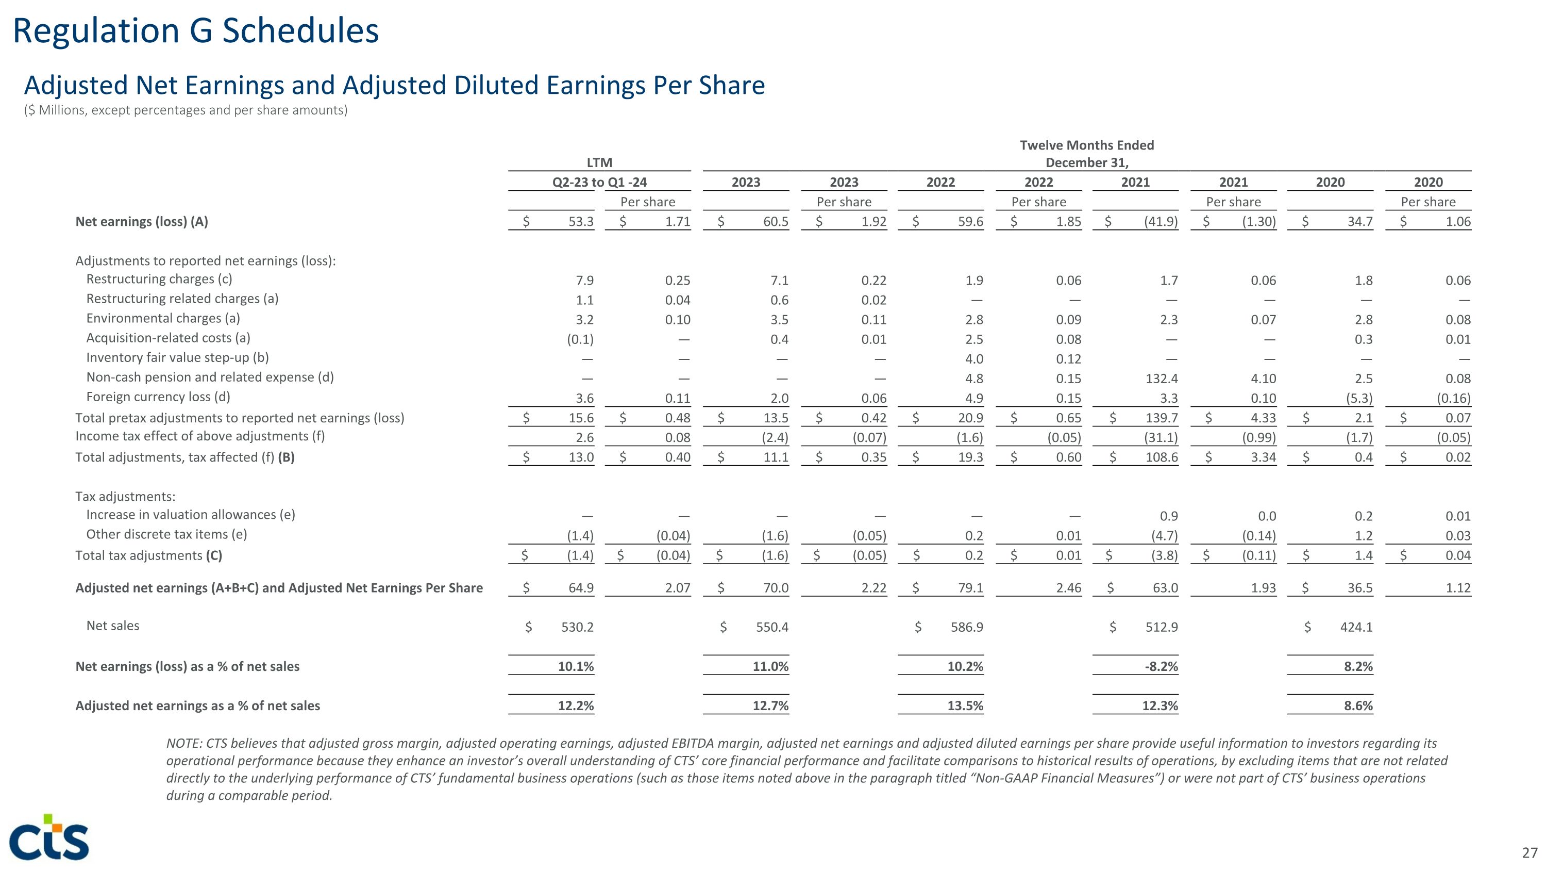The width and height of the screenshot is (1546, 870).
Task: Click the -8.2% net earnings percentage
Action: tap(1160, 666)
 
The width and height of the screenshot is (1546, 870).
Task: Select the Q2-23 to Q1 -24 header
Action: tap(599, 183)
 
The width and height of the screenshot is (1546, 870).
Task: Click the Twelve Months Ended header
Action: tap(1086, 145)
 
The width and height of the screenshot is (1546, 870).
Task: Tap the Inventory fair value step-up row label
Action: tap(178, 358)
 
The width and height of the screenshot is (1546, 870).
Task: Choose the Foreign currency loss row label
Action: tap(158, 397)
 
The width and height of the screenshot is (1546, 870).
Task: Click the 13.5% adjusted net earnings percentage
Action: tap(965, 706)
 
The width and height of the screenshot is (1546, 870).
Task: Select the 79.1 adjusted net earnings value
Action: tap(970, 588)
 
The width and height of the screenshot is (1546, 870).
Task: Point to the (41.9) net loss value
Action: tap(1161, 222)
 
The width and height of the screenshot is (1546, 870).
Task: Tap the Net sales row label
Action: tap(113, 626)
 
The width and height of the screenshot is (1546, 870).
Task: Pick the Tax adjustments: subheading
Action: tap(125, 497)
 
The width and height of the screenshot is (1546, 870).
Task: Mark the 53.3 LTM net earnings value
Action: tap(580, 222)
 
